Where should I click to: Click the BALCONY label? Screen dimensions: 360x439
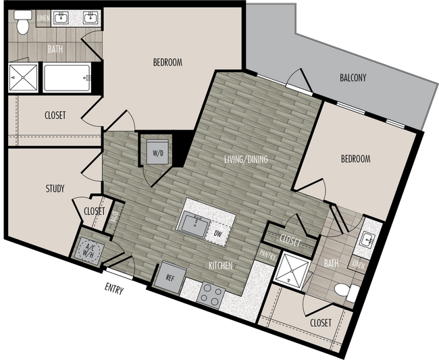[353, 78]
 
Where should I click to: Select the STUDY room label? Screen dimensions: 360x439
[55, 188]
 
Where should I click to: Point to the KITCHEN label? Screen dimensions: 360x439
[220, 266]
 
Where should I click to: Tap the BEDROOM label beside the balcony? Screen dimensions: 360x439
[355, 159]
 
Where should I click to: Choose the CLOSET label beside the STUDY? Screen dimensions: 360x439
[95, 211]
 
